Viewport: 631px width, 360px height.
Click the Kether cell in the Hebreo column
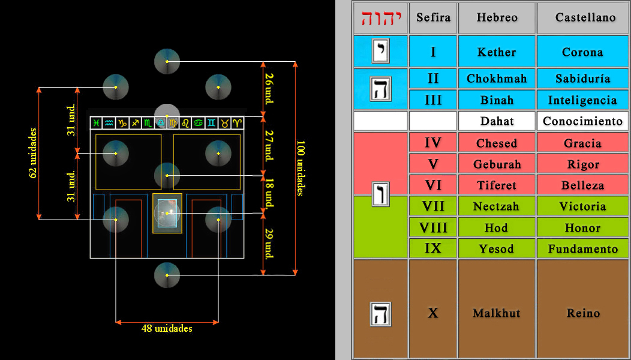pos(496,52)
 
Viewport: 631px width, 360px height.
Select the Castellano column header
pos(582,18)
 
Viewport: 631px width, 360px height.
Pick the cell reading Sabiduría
pos(582,79)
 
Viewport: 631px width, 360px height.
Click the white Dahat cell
pos(496,121)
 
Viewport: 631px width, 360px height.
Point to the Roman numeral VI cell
pos(432,185)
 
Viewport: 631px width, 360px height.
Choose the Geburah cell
pos(496,164)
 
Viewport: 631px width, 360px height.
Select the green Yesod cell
pos(496,248)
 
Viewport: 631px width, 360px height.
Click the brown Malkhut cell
pos(496,313)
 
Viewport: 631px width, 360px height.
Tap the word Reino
pos(582,313)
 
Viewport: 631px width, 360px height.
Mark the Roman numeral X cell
pos(432,313)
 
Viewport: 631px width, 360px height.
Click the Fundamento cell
pos(582,248)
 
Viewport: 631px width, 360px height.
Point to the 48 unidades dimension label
pos(167,329)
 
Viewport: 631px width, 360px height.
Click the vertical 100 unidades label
pos(301,168)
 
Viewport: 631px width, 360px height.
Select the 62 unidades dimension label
pos(33,153)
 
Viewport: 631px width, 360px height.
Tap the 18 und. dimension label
pos(269,193)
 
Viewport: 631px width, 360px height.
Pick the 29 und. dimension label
pos(269,242)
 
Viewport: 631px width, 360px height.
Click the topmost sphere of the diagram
pos(167,61)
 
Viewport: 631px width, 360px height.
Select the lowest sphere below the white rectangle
pos(167,275)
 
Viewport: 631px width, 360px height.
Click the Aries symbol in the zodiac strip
pos(238,123)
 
